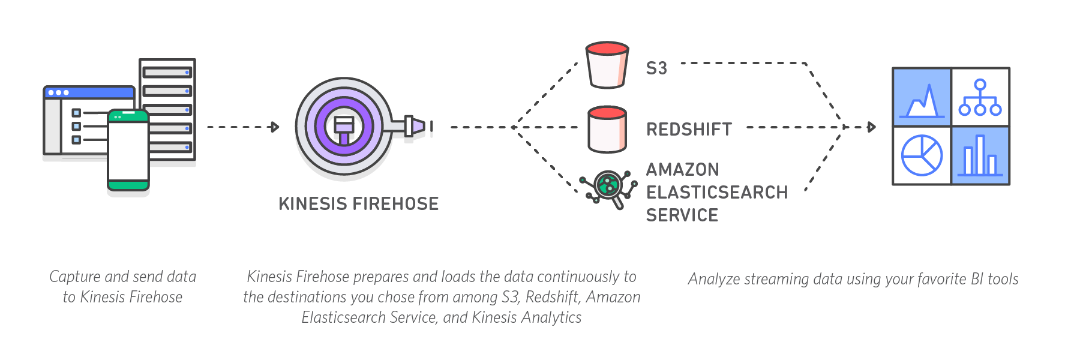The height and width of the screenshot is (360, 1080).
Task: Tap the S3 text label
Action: tap(656, 68)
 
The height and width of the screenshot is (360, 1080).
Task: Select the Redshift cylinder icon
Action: tap(607, 130)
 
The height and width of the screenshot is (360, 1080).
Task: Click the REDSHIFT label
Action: tap(689, 130)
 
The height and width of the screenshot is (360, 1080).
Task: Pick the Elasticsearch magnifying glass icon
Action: tap(608, 187)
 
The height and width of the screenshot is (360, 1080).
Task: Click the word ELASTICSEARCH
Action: tap(717, 193)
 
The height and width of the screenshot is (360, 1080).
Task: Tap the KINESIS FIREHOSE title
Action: tap(359, 204)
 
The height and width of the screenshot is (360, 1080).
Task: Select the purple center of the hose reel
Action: tap(344, 127)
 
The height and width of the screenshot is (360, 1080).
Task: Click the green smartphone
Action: tap(128, 150)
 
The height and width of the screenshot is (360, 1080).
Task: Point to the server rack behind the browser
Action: tap(167, 108)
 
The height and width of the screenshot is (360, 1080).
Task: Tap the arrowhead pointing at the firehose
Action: tap(275, 127)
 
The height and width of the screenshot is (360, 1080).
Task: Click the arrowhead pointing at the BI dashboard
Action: tap(872, 127)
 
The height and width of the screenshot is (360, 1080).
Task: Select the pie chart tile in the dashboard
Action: tap(922, 155)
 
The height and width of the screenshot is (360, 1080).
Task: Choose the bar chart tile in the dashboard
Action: tap(980, 155)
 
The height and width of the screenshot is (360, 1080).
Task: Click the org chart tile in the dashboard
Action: tap(980, 97)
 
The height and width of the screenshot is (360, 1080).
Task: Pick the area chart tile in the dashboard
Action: tap(922, 97)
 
